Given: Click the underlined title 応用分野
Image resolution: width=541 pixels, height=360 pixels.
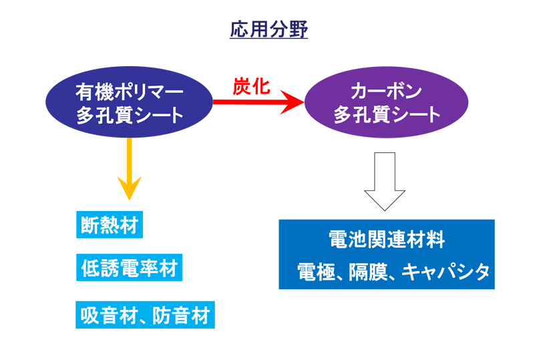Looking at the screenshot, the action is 268,29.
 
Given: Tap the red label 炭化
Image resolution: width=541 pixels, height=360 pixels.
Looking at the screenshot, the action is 251,86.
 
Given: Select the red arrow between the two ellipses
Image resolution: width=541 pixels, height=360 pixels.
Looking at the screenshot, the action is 258,102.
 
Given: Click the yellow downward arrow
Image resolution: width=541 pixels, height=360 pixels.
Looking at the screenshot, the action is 130,169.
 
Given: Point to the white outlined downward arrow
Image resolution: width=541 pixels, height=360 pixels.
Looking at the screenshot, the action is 385,182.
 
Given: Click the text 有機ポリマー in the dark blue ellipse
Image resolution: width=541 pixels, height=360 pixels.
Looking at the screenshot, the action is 130,92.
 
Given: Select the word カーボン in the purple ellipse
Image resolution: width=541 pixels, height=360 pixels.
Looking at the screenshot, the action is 387,92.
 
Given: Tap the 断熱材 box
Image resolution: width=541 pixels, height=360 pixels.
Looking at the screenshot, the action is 110,224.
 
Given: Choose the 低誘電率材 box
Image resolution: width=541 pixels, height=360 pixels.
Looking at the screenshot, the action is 130,268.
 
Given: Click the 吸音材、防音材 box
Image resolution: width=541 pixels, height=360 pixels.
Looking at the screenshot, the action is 145,315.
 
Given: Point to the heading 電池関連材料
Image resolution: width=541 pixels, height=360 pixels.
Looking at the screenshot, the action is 387,240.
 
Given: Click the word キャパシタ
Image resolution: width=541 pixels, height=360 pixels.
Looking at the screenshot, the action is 445,272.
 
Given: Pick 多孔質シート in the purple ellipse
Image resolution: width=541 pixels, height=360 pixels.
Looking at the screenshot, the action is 387,115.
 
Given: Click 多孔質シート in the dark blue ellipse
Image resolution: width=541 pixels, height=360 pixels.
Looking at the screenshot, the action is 130,115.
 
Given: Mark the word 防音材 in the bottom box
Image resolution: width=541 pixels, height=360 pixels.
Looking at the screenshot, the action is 181,315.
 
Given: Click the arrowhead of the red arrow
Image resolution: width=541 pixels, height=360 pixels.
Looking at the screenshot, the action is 292,102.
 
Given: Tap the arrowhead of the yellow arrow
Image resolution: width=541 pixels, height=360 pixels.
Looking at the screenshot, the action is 130,188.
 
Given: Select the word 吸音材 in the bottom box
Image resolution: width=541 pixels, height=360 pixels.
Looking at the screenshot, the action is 109,315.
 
